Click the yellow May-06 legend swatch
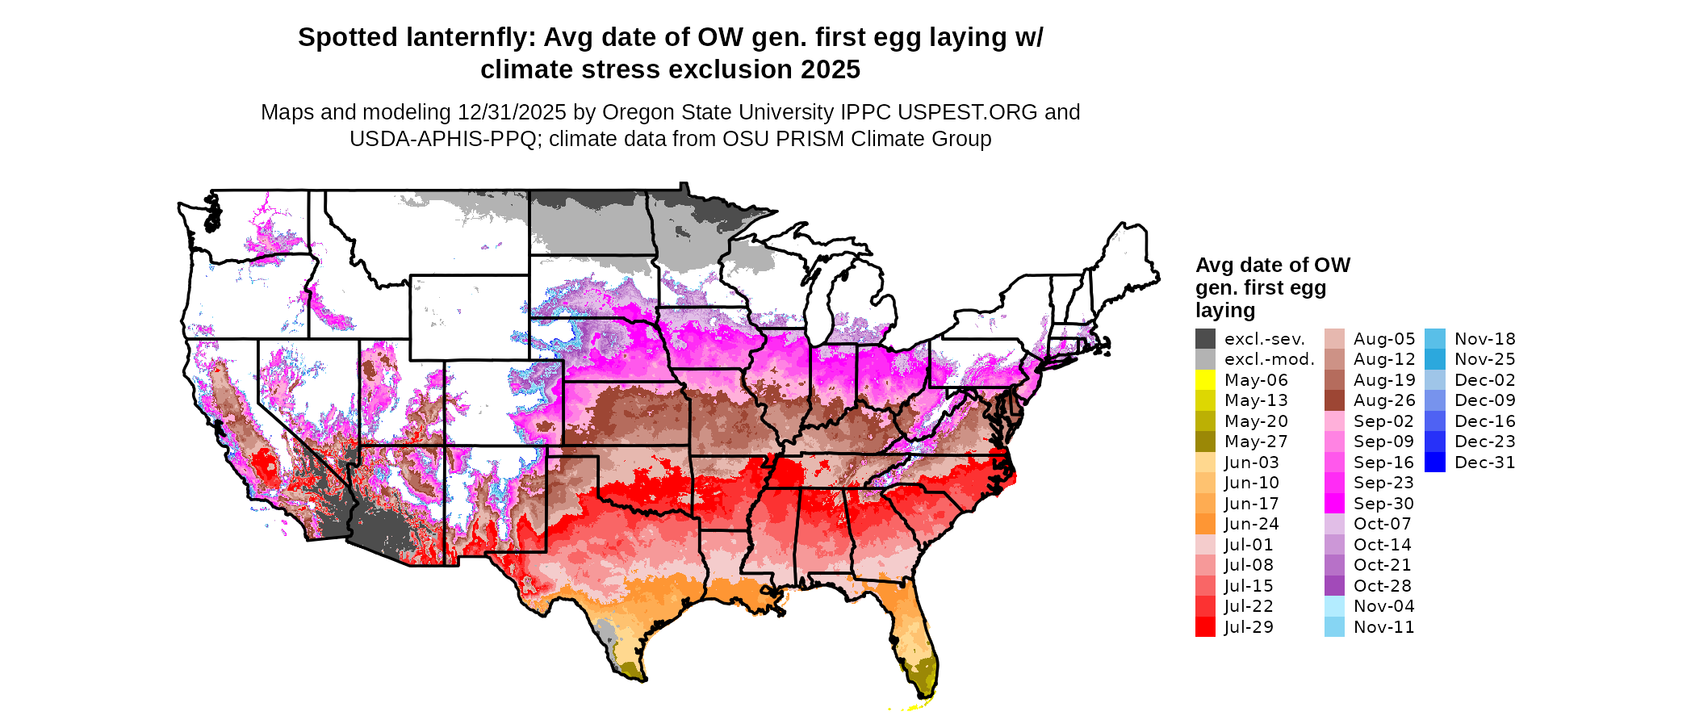[x=1205, y=380]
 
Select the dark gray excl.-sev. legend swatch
[x=1205, y=339]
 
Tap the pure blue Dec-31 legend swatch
[x=1434, y=463]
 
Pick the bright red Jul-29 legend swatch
[x=1205, y=627]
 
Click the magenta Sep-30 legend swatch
[x=1334, y=504]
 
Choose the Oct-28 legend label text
[x=1383, y=586]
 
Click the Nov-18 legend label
[x=1485, y=339]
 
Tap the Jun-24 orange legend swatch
[x=1205, y=524]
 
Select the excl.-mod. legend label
[x=1270, y=359]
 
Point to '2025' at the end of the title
[x=831, y=69]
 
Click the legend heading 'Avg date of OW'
[x=1272, y=265]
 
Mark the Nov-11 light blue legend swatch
[x=1334, y=627]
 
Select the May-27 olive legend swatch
[x=1205, y=442]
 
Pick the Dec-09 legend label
[x=1485, y=400]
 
